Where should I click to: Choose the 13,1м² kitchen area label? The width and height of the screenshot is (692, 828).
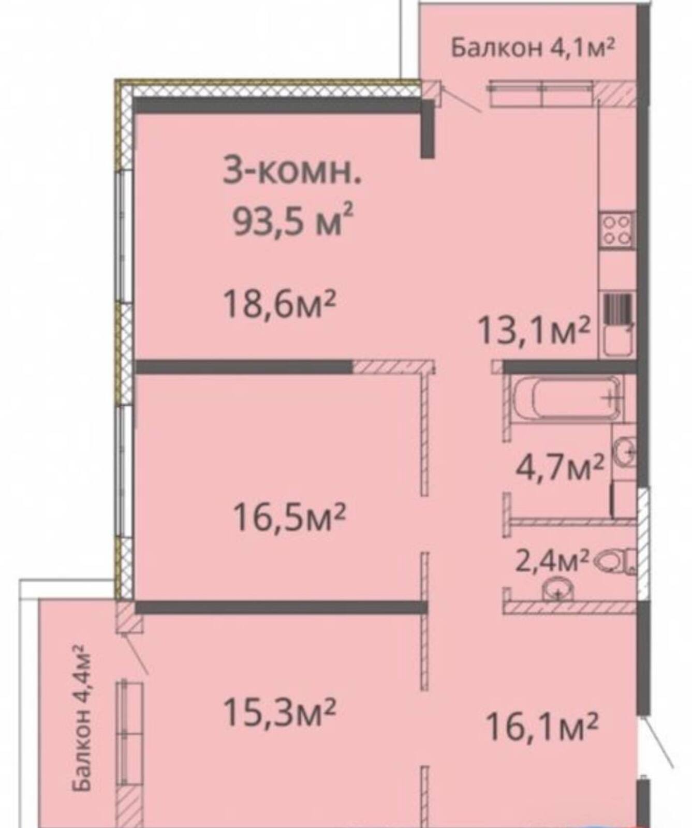point(534,330)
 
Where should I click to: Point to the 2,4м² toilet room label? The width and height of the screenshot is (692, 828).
point(552,560)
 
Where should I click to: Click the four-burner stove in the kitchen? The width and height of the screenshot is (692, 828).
point(616,229)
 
